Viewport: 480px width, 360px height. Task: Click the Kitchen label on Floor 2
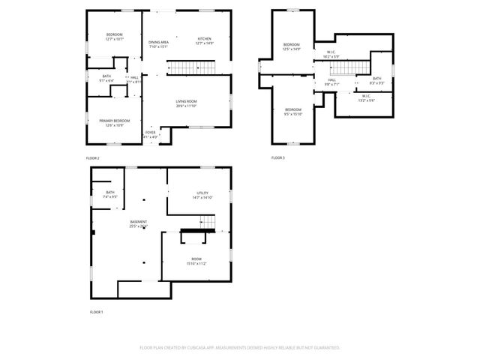(x=205, y=41)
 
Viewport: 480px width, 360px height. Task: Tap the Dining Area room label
(x=158, y=44)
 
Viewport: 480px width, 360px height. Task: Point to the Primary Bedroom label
(x=115, y=122)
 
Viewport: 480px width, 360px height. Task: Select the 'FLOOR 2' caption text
(x=93, y=158)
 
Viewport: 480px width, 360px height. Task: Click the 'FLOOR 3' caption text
(x=278, y=158)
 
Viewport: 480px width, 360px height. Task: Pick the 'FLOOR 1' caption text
(x=97, y=311)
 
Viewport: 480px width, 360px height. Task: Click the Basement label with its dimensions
(x=138, y=223)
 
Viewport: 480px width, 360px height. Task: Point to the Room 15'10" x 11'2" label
(x=196, y=261)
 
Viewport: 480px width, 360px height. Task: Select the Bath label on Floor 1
(x=110, y=194)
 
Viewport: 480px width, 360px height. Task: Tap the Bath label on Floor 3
(x=377, y=80)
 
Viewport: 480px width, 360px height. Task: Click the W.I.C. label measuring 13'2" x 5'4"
(x=366, y=97)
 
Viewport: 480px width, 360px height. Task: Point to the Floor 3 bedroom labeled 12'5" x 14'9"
(x=292, y=47)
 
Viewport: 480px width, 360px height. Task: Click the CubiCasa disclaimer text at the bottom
(x=240, y=348)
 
